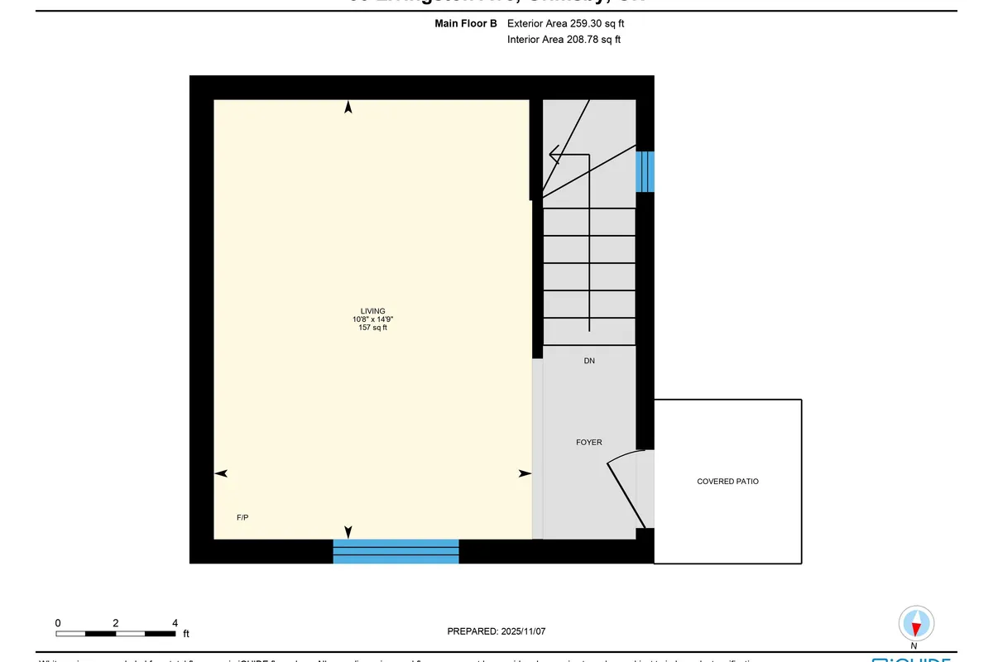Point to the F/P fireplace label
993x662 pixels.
tap(242, 517)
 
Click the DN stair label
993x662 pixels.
tap(588, 361)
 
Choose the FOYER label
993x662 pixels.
tap(589, 442)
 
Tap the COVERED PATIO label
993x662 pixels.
tap(727, 481)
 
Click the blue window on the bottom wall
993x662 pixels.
tap(396, 551)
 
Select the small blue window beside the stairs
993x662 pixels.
tap(645, 171)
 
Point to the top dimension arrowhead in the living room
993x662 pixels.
tap(348, 108)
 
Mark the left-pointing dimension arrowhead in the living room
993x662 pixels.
tap(221, 473)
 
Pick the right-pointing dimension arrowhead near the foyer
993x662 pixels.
tap(525, 473)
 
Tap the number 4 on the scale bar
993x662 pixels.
tap(175, 622)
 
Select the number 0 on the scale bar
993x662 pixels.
tap(58, 622)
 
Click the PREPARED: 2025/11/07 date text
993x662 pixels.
tap(496, 631)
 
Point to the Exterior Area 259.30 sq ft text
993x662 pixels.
tap(564, 24)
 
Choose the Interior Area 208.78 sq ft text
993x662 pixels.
tap(564, 39)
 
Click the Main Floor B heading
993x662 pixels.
tap(466, 24)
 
